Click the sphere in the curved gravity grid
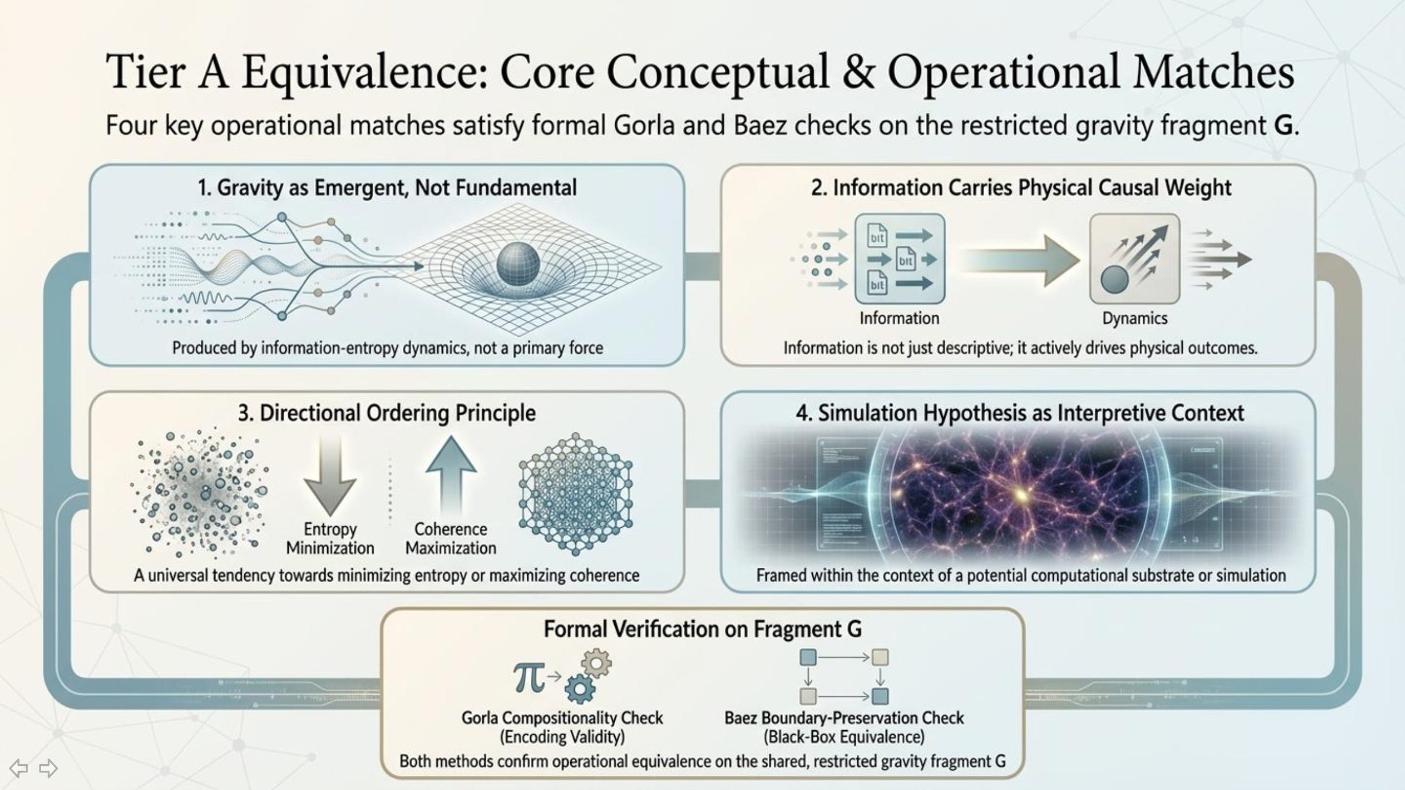(518, 264)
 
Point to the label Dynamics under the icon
(1134, 318)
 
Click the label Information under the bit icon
(899, 318)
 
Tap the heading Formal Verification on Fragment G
(702, 629)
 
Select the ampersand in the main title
(858, 72)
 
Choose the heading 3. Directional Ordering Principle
(386, 413)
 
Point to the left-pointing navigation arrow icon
(19, 768)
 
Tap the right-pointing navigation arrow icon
(48, 768)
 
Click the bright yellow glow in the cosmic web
(1021, 495)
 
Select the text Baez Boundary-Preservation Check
(844, 718)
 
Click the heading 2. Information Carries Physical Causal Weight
(1021, 188)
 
